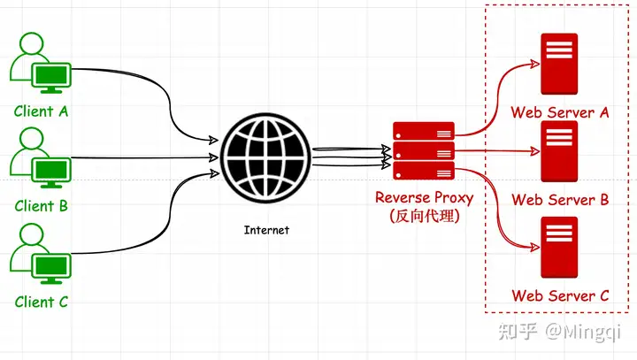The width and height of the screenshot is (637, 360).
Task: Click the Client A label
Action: coord(41,111)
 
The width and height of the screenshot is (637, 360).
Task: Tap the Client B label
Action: coord(41,206)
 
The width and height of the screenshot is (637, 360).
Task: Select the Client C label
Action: coord(41,302)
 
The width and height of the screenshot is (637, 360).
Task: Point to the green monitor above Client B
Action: coord(50,170)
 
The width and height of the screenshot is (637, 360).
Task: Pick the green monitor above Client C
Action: coord(50,264)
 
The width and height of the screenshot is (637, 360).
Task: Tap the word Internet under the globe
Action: coord(265,230)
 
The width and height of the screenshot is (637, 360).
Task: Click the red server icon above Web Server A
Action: coord(559,64)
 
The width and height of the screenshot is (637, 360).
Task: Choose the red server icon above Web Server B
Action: coord(559,151)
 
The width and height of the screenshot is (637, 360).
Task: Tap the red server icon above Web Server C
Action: coord(559,247)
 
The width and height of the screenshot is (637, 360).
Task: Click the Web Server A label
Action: coord(559,112)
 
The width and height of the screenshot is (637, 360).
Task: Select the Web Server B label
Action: coord(559,200)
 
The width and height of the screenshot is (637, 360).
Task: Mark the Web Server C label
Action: coord(559,295)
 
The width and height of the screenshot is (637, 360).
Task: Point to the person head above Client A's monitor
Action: coord(31,44)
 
